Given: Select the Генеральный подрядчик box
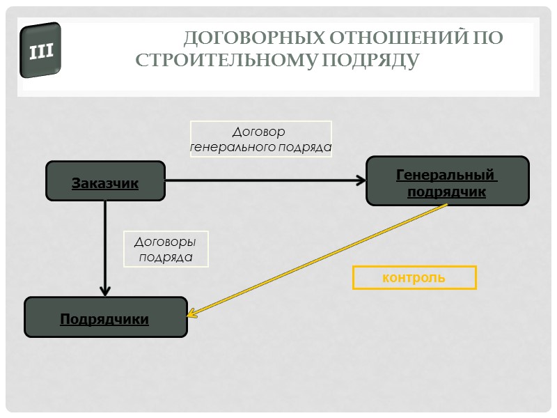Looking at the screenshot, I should coord(447,181).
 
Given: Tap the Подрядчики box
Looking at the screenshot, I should coord(106,318).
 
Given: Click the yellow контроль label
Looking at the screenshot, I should coord(414,277).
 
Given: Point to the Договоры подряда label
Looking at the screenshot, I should coord(164,249).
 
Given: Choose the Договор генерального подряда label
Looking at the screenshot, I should coord(261,139).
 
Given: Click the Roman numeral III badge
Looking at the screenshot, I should coord(41,50).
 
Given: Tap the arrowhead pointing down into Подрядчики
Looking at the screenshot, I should coord(105,290).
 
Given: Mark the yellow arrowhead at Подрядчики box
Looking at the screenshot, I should coord(193,313).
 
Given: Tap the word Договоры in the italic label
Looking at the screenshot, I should coord(165,242).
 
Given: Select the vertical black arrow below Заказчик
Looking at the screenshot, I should coord(105,244).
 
